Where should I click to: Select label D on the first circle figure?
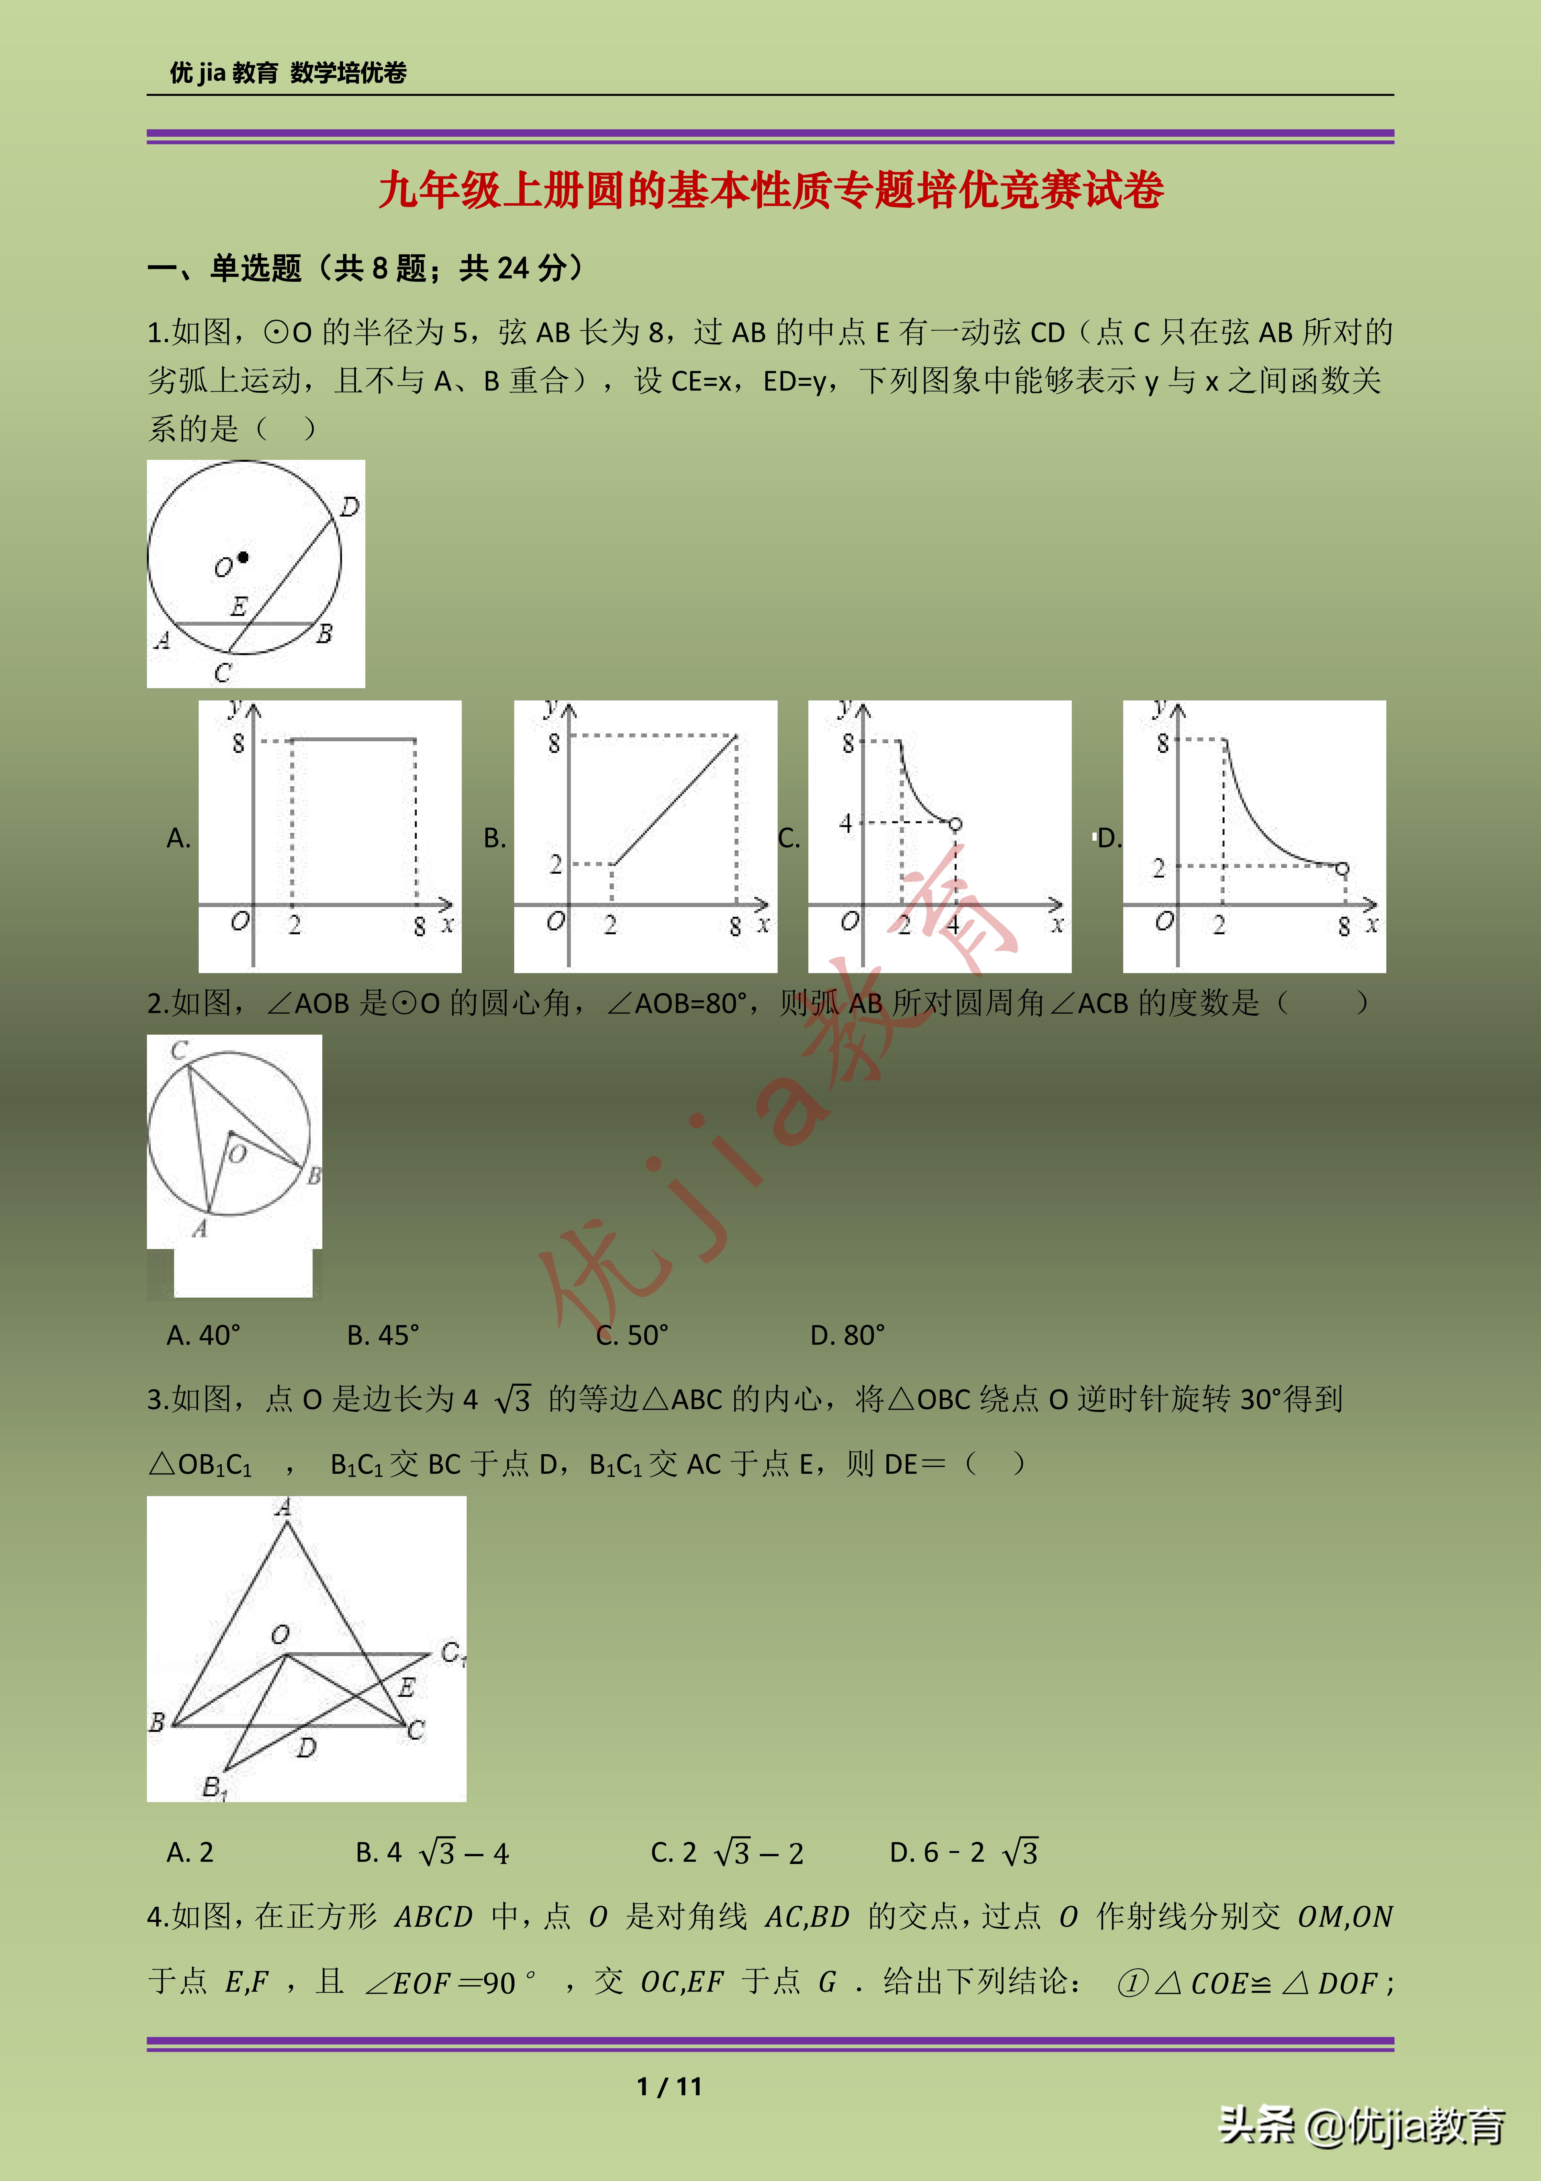point(349,507)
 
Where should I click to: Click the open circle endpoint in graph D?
point(1342,868)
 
